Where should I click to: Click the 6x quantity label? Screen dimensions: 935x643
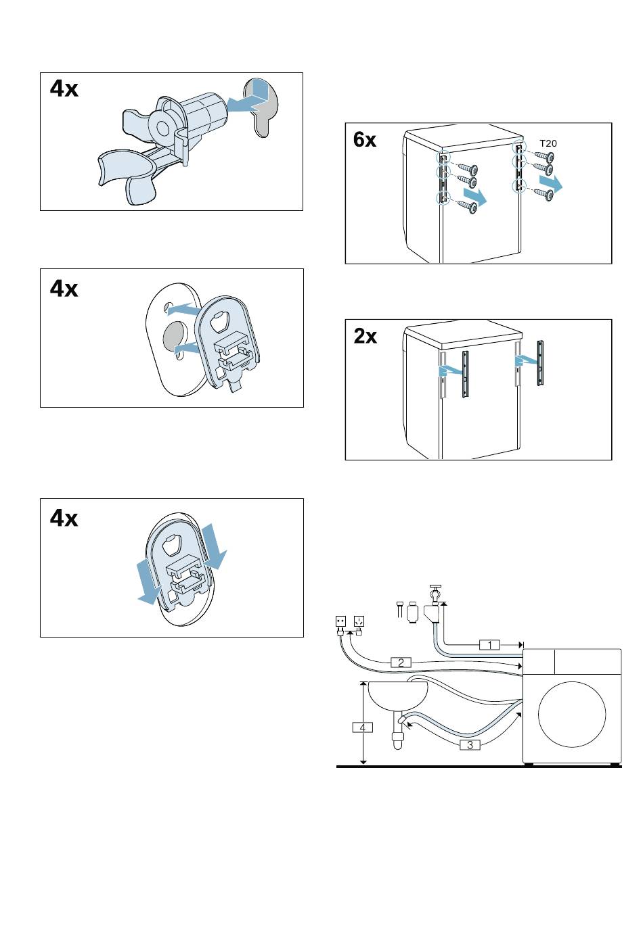point(365,140)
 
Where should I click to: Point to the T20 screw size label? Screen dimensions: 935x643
point(548,143)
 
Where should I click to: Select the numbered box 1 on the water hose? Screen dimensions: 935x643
point(490,645)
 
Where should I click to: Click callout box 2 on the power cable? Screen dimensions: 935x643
point(401,663)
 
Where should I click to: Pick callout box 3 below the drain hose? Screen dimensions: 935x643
point(470,745)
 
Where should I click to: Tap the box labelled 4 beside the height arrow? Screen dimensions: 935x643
point(363,727)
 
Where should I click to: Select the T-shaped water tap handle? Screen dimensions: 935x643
point(435,587)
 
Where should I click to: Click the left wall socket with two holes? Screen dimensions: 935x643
point(341,621)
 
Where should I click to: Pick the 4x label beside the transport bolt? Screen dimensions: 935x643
point(64,89)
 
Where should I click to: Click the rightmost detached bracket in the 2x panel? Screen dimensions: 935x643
point(540,363)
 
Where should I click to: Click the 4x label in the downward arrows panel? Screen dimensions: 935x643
point(64,519)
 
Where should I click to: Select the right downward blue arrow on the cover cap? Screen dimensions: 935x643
point(215,547)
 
